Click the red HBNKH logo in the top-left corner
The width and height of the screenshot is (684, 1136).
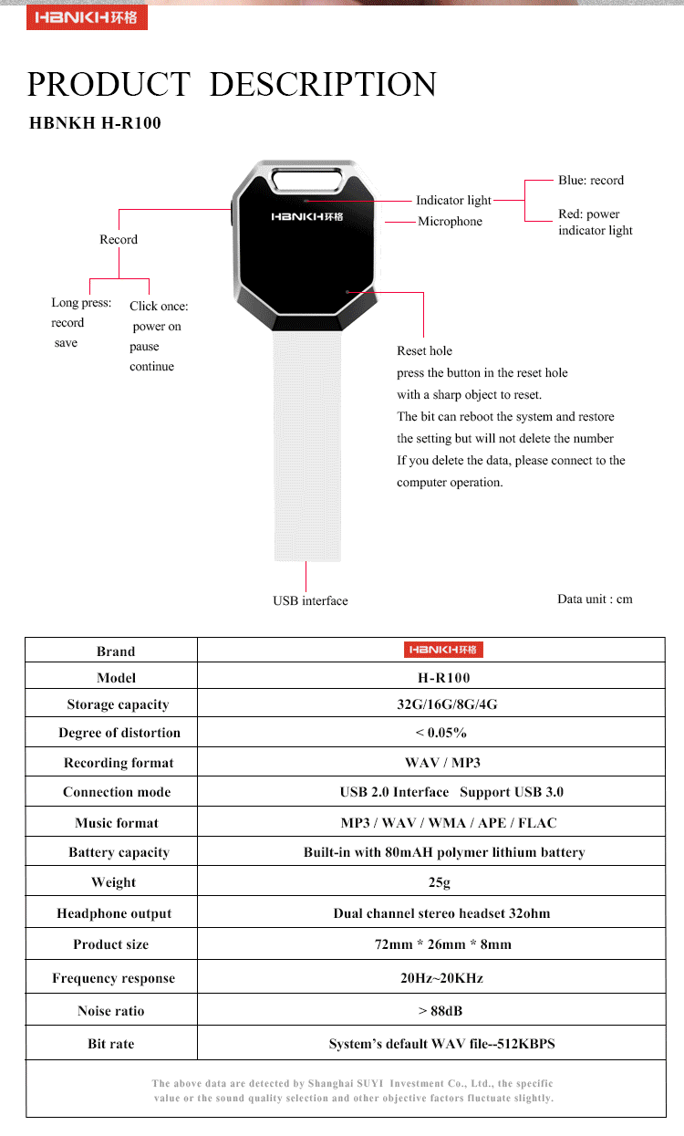click(87, 17)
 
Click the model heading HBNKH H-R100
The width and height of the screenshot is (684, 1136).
click(96, 123)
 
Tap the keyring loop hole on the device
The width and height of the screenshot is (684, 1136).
click(306, 180)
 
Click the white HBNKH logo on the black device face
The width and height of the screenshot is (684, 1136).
click(306, 216)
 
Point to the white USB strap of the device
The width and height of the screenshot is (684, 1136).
click(307, 446)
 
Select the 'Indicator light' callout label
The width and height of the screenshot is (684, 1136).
click(453, 201)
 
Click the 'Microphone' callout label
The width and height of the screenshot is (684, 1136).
click(450, 221)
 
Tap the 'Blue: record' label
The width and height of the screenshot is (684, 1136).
click(591, 180)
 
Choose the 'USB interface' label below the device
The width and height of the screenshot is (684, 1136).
click(310, 600)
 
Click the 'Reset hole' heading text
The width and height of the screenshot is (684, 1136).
click(424, 350)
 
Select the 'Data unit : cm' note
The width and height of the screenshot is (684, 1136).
click(595, 599)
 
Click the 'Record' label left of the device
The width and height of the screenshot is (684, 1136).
click(119, 239)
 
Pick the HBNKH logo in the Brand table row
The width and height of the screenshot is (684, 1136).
click(443, 650)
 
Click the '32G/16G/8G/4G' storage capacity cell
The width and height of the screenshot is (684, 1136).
click(447, 703)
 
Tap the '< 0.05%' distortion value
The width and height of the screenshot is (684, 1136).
click(440, 733)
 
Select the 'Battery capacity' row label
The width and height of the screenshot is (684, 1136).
click(119, 852)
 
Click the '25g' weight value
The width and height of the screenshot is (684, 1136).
click(439, 882)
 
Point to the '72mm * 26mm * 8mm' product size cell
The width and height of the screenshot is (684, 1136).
click(442, 943)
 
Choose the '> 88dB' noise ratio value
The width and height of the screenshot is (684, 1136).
click(440, 1011)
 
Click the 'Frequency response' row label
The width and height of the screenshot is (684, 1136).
click(114, 978)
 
